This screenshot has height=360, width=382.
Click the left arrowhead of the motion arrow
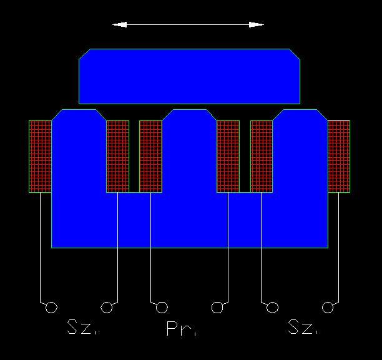119,24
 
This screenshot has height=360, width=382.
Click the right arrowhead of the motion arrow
256,24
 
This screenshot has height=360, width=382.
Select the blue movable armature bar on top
189,76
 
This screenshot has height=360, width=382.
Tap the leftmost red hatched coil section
40,156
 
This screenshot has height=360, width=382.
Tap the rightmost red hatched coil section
339,156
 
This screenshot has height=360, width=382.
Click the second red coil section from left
117,156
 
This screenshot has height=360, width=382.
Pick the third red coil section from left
150,156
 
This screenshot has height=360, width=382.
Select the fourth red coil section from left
228,156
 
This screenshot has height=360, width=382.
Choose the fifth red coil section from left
262,156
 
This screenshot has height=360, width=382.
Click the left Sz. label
81,328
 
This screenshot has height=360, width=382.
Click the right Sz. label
302,327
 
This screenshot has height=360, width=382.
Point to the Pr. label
181,329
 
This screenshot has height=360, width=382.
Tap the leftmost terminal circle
52,307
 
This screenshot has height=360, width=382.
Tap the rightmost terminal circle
328,307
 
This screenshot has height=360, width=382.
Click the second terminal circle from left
107,307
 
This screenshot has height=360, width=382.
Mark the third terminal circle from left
162,307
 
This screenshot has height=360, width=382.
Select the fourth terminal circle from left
217,307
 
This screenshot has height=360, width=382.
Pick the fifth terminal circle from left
272,307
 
